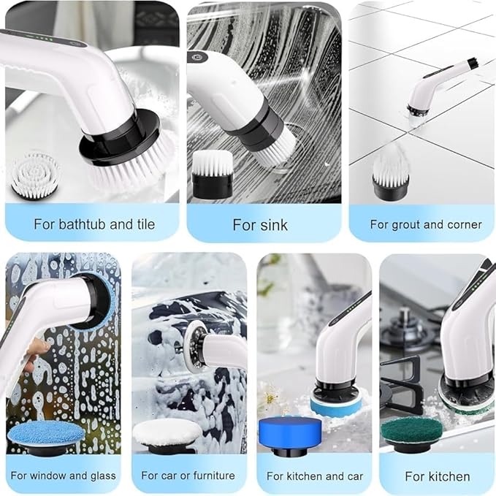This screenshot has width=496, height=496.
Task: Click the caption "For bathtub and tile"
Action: click(x=94, y=224)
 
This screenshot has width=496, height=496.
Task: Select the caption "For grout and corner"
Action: click(x=425, y=224)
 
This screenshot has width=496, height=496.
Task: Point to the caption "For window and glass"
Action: click(x=63, y=476)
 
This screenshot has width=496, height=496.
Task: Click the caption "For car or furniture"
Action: click(x=188, y=476)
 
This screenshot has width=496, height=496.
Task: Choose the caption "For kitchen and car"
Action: click(x=314, y=476)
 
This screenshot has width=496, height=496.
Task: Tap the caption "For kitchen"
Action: click(x=438, y=476)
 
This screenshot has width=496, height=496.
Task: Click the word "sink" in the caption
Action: click(x=274, y=224)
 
